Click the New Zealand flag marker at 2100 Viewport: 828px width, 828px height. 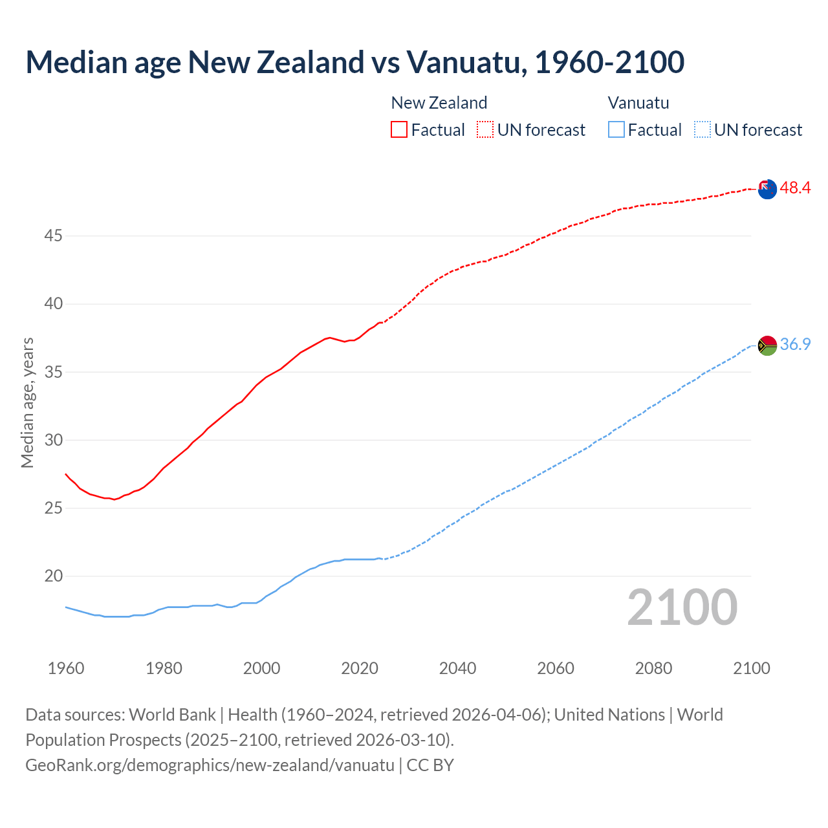767,189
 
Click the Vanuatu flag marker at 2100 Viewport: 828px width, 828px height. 767,345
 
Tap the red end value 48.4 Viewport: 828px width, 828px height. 795,188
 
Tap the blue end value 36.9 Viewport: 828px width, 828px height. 795,345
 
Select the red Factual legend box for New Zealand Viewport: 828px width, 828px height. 399,129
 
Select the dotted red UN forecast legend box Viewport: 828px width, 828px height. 485,129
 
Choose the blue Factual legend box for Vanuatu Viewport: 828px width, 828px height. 616,129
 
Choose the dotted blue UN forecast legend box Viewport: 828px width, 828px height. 702,129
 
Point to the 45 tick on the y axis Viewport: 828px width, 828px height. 53,236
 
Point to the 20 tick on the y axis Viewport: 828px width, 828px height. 53,576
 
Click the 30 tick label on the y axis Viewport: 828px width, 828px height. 53,441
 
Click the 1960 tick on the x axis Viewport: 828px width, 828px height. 66,668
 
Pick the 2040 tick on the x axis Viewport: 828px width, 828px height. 457,668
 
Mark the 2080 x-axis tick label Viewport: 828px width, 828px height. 653,668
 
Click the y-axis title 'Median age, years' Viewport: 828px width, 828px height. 27,402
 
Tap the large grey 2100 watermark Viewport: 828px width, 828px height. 682,607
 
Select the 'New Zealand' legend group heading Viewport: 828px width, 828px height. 439,103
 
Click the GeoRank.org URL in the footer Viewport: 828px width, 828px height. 210,765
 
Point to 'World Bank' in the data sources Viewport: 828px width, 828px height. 172,715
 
